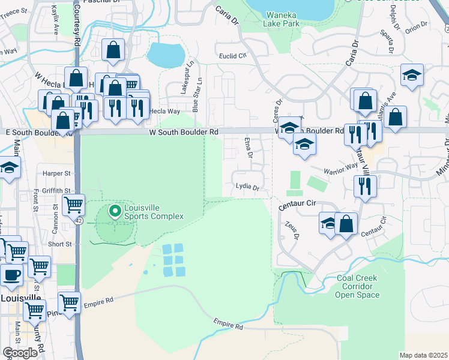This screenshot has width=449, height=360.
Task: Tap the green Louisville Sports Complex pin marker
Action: click(114, 211)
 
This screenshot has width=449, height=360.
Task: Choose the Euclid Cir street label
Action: click(234, 55)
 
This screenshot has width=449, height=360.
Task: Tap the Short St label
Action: click(59, 244)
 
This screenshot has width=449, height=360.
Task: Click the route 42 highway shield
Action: click(79, 220)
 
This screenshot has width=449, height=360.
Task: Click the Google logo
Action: click(20, 352)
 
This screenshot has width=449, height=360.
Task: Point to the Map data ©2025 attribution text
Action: click(423, 355)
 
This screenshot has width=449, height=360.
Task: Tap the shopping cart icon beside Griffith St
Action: click(73, 205)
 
